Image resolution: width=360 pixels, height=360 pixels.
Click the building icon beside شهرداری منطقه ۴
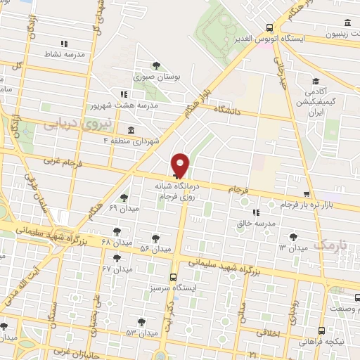point(132,130)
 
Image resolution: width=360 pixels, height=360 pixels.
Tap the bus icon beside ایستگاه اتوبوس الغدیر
point(270,28)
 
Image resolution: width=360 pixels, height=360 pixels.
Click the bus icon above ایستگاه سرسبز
point(173,276)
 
